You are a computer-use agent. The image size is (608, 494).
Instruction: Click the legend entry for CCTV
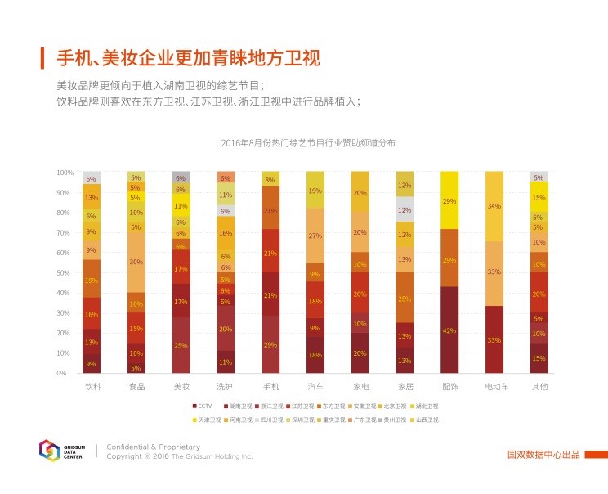pyautogui.click(x=204, y=406)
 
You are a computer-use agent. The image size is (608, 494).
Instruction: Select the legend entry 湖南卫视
pyautogui.click(x=236, y=406)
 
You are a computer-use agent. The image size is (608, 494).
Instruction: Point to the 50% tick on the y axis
pyautogui.click(x=65, y=273)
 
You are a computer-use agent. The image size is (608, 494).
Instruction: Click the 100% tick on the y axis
pyautogui.click(x=65, y=173)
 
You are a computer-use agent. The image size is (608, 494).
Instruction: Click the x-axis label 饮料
pyautogui.click(x=92, y=385)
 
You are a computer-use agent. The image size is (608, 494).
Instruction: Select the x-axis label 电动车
pyautogui.click(x=494, y=385)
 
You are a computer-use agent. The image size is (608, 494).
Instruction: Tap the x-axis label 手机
pyautogui.click(x=270, y=385)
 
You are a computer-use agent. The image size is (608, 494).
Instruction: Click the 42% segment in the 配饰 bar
pyautogui.click(x=449, y=330)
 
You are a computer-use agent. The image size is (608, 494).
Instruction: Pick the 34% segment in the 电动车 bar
pyautogui.click(x=494, y=206)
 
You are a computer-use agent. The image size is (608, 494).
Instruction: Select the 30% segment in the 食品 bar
pyautogui.click(x=136, y=262)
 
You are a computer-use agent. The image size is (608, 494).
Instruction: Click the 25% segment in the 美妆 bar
pyautogui.click(x=181, y=345)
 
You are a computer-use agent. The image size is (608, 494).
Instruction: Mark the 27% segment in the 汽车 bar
pyautogui.click(x=315, y=236)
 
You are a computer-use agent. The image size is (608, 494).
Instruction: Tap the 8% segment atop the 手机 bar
pyautogui.click(x=270, y=179)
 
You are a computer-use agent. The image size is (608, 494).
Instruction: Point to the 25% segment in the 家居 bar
pyautogui.click(x=404, y=299)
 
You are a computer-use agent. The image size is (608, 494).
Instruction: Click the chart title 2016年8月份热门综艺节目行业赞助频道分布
pyautogui.click(x=308, y=143)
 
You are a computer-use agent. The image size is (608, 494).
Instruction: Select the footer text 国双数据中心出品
pyautogui.click(x=543, y=455)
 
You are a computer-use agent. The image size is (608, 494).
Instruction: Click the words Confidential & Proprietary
pyautogui.click(x=153, y=447)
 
